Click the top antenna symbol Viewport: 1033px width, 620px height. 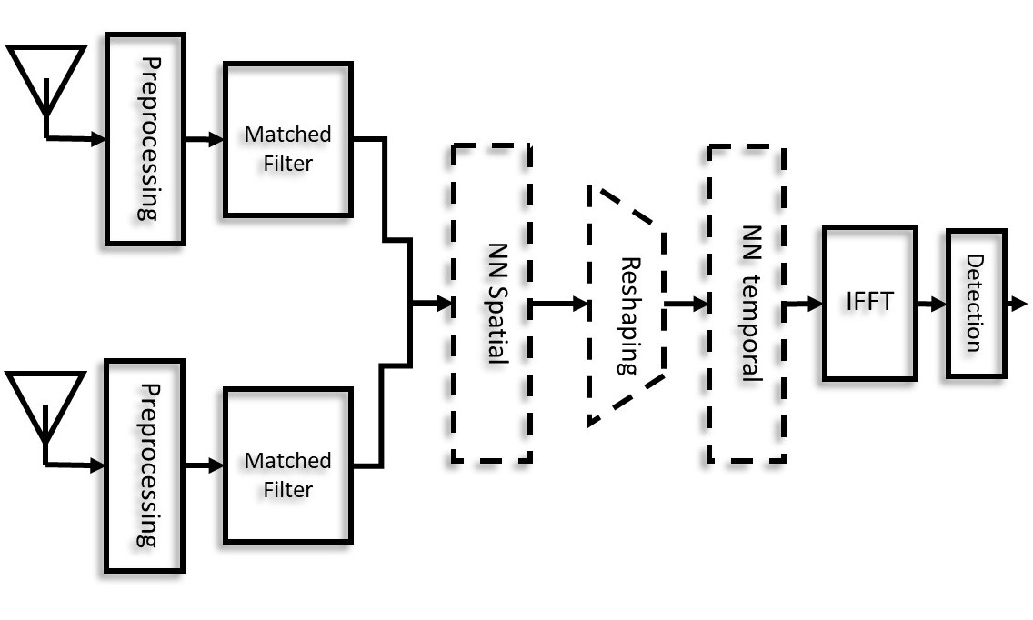(45, 77)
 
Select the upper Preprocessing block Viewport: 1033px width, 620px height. (145, 139)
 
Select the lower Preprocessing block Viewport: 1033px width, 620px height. (145, 465)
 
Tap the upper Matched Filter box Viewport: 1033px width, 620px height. (287, 139)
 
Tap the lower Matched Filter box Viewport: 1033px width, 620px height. (287, 465)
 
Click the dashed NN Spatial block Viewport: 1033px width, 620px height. (491, 304)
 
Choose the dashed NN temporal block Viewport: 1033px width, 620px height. (747, 304)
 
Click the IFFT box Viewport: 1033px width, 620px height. (868, 303)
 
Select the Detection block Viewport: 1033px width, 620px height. (975, 303)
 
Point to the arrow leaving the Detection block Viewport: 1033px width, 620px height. (1018, 304)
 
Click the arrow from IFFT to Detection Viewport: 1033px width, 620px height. (932, 304)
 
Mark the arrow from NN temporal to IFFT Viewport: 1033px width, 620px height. (804, 304)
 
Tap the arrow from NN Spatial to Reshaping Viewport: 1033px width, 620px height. (559, 305)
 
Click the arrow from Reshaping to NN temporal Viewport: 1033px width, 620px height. (687, 305)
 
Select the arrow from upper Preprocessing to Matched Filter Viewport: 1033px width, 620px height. (205, 140)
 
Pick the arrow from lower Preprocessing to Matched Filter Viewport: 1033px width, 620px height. (205, 465)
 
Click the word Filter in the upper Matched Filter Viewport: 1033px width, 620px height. (287, 164)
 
